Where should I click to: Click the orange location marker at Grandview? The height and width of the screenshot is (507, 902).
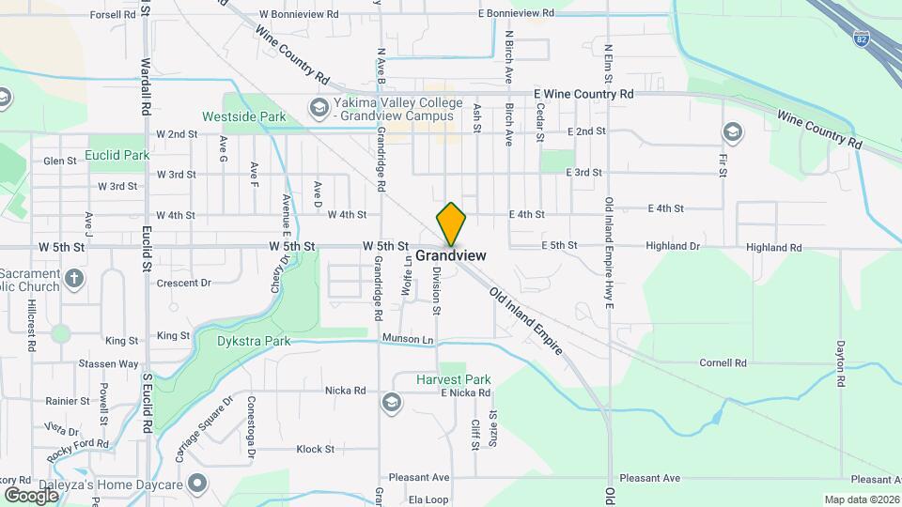[x=451, y=223]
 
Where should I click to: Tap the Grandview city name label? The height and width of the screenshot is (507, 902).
[x=450, y=255]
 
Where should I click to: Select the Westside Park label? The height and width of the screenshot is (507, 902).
[x=230, y=117]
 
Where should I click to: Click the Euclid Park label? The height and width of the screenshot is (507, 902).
[x=117, y=154]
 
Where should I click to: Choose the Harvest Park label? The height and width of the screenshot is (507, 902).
[x=453, y=379]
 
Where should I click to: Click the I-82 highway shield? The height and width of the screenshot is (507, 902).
[x=862, y=38]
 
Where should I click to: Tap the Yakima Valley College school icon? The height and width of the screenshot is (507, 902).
[x=319, y=108]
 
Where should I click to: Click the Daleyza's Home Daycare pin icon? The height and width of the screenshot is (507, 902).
[x=196, y=484]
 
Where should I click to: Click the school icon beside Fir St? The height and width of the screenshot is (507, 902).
[x=732, y=131]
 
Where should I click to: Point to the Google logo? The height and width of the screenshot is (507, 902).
[x=31, y=495]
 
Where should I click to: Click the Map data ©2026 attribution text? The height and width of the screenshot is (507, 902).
[x=861, y=499]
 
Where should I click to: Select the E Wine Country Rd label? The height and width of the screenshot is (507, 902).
[x=583, y=94]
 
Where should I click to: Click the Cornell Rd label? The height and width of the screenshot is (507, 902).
[x=723, y=362]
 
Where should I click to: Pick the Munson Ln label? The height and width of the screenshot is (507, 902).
[x=408, y=338]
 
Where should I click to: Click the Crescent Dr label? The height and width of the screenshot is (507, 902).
[x=183, y=283]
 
